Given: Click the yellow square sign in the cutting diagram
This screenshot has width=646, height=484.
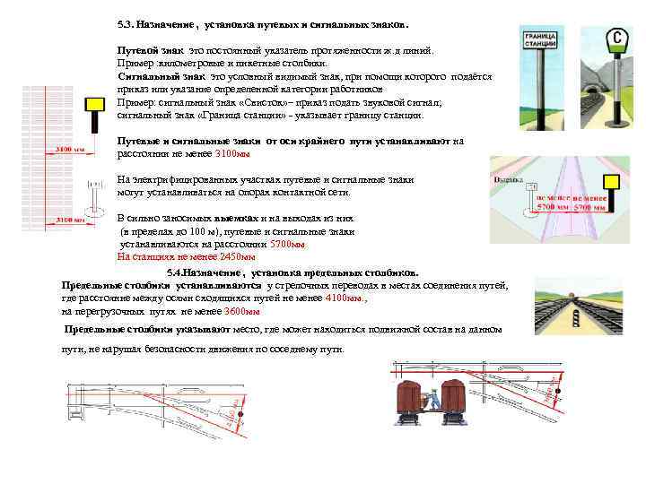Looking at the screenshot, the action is click(611, 185).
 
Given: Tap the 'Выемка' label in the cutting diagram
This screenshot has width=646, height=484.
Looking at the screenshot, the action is click(509, 179).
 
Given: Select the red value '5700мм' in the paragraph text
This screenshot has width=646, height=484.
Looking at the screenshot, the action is click(287, 243).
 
